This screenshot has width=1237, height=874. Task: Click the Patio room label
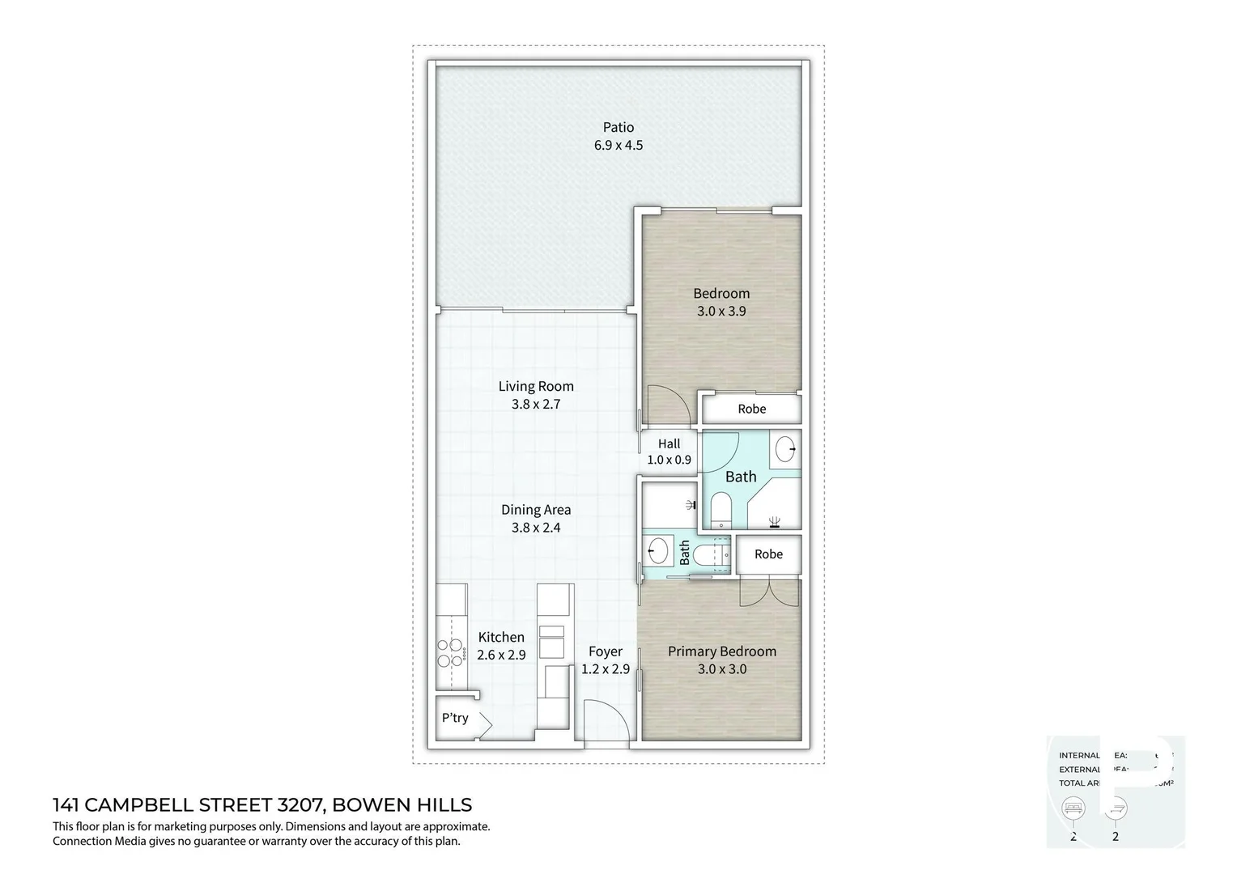click(618, 127)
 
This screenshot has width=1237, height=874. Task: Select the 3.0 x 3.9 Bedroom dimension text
click(721, 311)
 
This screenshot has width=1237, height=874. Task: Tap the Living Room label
click(536, 386)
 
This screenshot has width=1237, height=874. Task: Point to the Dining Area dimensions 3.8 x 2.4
click(536, 528)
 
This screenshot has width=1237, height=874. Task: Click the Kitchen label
click(501, 637)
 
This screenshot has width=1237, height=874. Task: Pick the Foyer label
click(606, 651)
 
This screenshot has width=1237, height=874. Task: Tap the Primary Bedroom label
click(721, 651)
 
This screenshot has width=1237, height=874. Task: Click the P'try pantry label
click(455, 718)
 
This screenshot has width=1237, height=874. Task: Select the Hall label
click(669, 443)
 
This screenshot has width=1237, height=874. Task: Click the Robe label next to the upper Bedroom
click(751, 409)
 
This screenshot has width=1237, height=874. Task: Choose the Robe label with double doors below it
click(768, 554)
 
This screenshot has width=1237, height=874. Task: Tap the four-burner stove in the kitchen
click(450, 653)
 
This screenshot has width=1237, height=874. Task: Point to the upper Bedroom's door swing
click(669, 405)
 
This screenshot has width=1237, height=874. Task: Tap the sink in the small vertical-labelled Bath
click(657, 553)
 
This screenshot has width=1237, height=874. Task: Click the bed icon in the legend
click(1073, 808)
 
